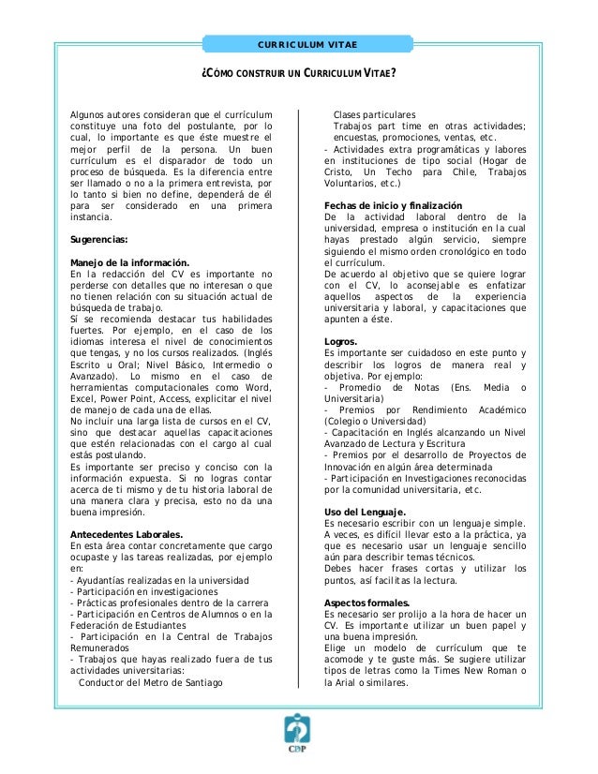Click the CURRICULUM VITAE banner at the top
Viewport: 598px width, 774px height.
point(299,44)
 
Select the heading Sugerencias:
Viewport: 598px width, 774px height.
point(101,239)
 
